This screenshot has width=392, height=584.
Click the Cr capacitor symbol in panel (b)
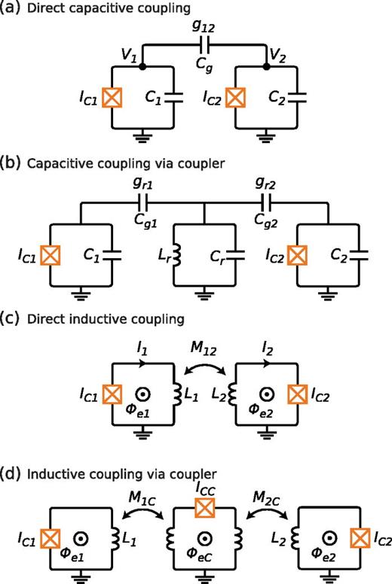coord(238,248)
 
